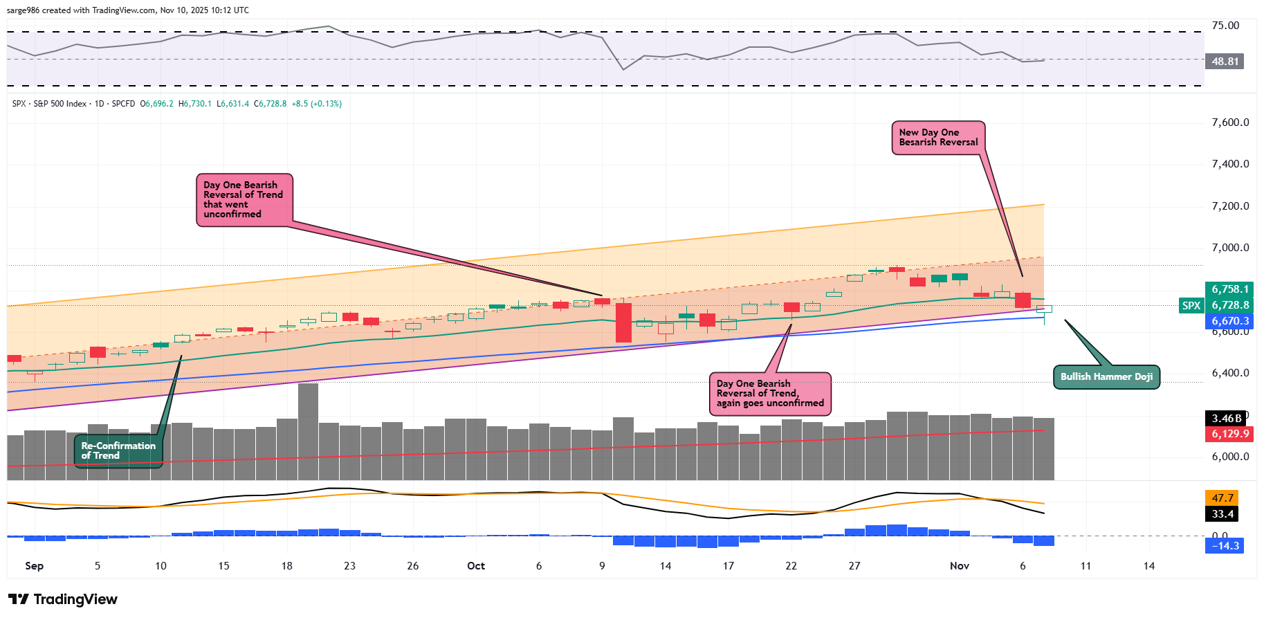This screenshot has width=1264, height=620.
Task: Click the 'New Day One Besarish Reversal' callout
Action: click(x=938, y=138)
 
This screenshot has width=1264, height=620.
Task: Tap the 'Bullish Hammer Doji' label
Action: click(x=1106, y=377)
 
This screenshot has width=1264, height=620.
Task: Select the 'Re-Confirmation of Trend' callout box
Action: click(x=118, y=450)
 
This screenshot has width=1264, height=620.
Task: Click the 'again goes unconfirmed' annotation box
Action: click(x=770, y=394)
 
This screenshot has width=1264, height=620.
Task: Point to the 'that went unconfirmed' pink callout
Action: click(x=244, y=199)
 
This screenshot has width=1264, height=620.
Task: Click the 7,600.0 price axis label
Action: click(x=1230, y=122)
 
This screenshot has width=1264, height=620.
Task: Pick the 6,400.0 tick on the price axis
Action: click(x=1230, y=373)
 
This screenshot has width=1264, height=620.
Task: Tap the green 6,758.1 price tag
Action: click(x=1230, y=289)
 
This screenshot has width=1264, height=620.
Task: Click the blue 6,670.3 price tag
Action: click(x=1230, y=321)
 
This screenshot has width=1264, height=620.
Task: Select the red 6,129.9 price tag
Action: click(x=1230, y=434)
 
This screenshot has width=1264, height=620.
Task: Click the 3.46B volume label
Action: click(x=1227, y=419)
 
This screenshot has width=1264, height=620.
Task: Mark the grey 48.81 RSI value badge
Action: click(x=1225, y=62)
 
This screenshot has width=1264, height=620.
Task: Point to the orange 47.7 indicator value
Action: click(x=1222, y=498)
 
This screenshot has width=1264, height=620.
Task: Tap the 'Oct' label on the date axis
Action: click(x=476, y=566)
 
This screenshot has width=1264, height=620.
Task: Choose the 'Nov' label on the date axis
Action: click(x=959, y=566)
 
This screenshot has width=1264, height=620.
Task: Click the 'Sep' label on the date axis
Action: click(x=34, y=566)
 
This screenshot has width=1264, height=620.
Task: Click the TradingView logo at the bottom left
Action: click(x=63, y=599)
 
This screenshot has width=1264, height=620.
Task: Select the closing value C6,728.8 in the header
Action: click(x=270, y=104)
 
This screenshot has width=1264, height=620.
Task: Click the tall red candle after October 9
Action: click(x=623, y=322)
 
